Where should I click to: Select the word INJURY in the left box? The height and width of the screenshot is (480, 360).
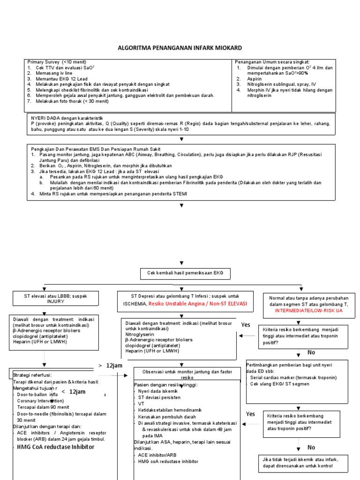[x=55, y=301]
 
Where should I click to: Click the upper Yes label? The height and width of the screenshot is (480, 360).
[x=246, y=325]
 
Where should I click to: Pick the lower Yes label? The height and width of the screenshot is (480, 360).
[x=251, y=414]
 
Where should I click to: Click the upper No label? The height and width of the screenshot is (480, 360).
[x=311, y=352]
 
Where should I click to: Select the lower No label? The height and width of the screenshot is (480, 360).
[x=311, y=448]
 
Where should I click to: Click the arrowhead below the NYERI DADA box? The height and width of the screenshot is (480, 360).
[x=181, y=139]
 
